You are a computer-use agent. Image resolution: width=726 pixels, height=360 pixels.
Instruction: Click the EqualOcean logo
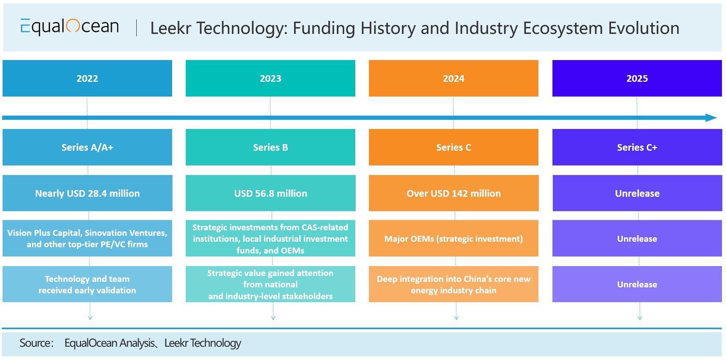point(70,27)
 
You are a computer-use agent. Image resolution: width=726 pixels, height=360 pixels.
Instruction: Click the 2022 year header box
point(87,78)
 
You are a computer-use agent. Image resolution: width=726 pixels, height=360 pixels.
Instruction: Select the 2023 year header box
point(270,78)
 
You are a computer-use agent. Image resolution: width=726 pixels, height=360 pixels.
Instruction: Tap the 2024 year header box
point(454,78)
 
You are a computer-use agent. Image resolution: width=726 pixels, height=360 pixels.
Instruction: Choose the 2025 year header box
point(637,78)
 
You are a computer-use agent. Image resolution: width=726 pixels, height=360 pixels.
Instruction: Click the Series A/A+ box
point(87,147)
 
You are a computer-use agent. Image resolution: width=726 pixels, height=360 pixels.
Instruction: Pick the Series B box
point(270,147)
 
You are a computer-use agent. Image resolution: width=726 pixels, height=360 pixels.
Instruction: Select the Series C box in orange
point(454,147)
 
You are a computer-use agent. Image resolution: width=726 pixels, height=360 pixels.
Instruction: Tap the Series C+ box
point(637,147)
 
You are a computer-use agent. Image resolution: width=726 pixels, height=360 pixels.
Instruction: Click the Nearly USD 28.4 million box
point(87,193)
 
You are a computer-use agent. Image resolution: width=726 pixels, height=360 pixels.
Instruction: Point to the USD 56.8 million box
point(270,193)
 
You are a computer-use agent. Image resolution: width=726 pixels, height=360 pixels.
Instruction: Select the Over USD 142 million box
point(454,193)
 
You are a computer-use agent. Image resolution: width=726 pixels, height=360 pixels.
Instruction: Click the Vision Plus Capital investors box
point(87,238)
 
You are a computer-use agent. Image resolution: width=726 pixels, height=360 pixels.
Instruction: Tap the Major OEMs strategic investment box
point(454,238)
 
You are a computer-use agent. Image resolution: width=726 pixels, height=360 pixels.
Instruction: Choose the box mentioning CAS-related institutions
point(270,238)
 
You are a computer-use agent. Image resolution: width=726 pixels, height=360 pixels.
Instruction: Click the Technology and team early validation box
point(87,284)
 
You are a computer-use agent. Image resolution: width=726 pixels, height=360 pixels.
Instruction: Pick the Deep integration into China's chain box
point(454,284)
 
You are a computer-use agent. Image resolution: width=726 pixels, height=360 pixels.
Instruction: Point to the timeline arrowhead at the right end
point(711,118)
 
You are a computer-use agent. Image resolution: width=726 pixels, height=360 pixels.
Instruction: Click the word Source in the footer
point(36,343)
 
